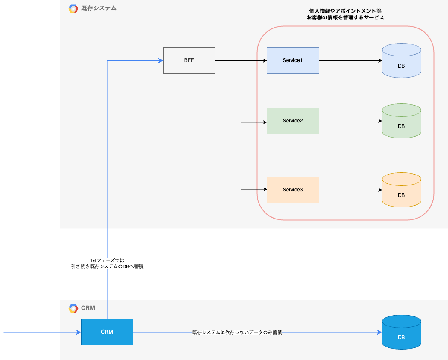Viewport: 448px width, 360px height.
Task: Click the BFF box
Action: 189,60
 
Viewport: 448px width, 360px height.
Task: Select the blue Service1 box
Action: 293,60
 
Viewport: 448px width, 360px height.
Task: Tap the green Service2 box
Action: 293,121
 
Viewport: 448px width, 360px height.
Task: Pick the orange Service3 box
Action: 293,190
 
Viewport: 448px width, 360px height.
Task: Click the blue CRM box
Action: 107,332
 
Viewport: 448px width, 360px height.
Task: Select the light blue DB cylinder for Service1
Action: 401,60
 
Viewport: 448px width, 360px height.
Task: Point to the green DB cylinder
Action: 401,121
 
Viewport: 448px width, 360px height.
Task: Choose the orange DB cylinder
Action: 401,190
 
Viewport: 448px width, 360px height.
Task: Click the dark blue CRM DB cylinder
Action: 401,332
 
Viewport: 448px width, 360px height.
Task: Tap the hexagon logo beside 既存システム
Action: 73,9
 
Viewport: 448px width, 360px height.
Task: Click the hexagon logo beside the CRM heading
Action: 73,308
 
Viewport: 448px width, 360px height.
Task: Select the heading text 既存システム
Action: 99,8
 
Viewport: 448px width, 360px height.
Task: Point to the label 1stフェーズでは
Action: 107,260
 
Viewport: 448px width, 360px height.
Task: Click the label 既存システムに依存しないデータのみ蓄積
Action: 237,332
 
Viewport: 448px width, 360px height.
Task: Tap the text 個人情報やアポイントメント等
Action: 345,11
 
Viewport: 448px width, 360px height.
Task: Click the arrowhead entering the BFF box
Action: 161,60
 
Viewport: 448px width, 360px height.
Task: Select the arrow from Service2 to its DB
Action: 350,121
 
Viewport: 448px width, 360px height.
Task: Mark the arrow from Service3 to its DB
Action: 350,190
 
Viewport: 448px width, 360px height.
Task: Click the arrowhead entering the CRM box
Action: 79,332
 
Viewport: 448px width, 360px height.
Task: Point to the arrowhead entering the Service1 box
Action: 265,60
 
